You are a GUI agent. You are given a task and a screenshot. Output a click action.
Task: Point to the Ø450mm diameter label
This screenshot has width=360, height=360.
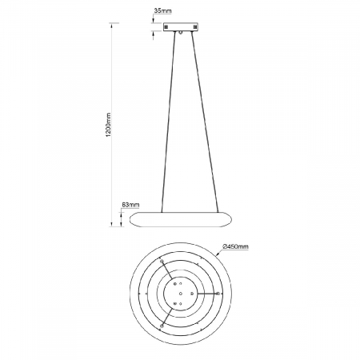pyautogui.click(x=236, y=247)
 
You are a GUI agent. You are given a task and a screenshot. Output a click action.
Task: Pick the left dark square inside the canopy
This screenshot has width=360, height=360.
pyautogui.click(x=166, y=26)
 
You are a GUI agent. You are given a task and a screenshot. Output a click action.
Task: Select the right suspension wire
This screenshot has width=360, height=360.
pyautogui.click(x=204, y=120)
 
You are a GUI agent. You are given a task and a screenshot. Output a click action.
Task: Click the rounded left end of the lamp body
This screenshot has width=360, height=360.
pyautogui.click(x=133, y=218)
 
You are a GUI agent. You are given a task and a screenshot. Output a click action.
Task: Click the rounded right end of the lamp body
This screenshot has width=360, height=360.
pyautogui.click(x=232, y=218)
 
